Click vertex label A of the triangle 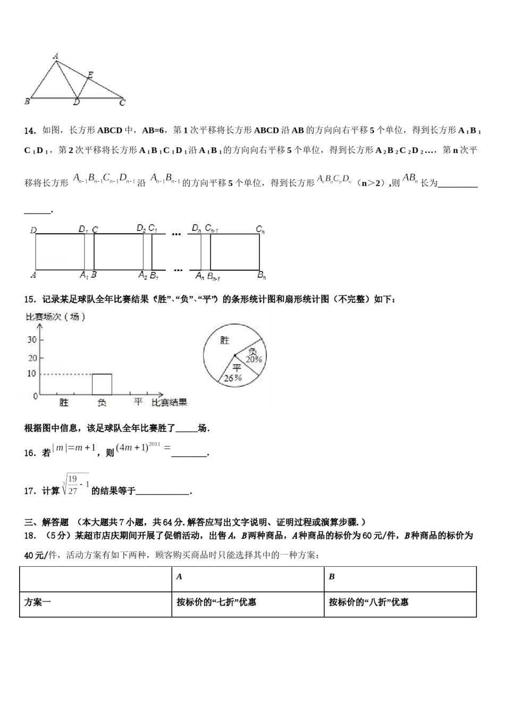pyautogui.click(x=56, y=55)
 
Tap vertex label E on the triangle pyautogui.click(x=90, y=75)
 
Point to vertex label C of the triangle pyautogui.click(x=122, y=103)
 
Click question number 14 pyautogui.click(x=30, y=130)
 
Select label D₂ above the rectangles pyautogui.click(x=141, y=228)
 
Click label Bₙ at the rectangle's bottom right pyautogui.click(x=262, y=275)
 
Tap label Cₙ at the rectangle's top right pyautogui.click(x=260, y=229)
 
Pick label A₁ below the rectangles pyautogui.click(x=83, y=275)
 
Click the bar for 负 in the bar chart pyautogui.click(x=102, y=385)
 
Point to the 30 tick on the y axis pyautogui.click(x=32, y=340)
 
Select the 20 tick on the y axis pyautogui.click(x=32, y=358)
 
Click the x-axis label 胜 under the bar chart pyautogui.click(x=64, y=403)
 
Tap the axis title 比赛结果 pyautogui.click(x=170, y=403)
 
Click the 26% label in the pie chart pyautogui.click(x=233, y=378)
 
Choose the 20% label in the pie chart pyautogui.click(x=254, y=359)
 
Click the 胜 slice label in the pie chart pyautogui.click(x=225, y=340)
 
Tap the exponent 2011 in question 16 pyautogui.click(x=154, y=444)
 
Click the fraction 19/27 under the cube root pyautogui.click(x=73, y=484)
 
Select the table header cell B pyautogui.click(x=332, y=576)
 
